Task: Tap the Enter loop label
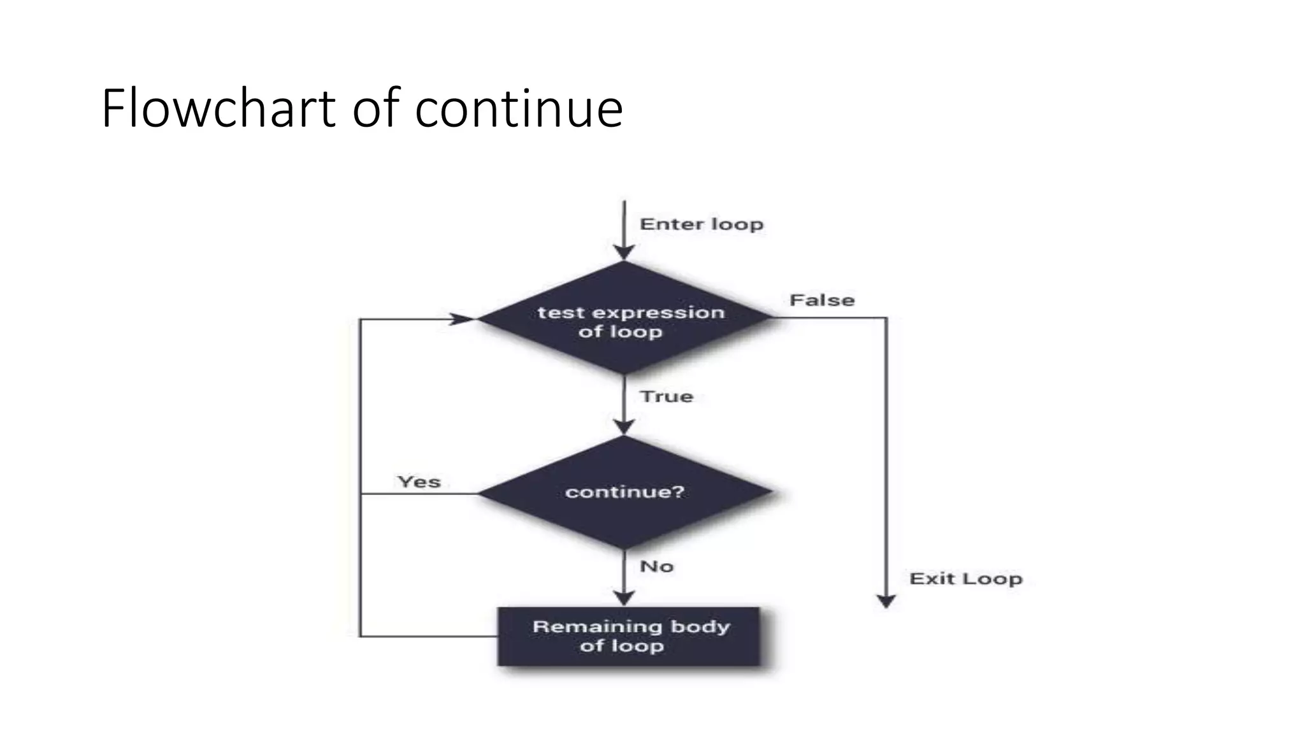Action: (x=701, y=224)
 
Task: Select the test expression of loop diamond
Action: (x=624, y=318)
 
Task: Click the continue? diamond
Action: (x=624, y=492)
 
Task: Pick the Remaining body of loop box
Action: (x=628, y=637)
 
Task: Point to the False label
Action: (x=821, y=300)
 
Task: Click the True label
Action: (x=666, y=396)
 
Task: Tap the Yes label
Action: (x=419, y=482)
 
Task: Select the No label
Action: (x=656, y=566)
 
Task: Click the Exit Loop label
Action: (x=965, y=579)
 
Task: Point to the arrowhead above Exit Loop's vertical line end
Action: (x=886, y=601)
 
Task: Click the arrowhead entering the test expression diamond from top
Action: (x=624, y=253)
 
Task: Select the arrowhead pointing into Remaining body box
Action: (x=624, y=598)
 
